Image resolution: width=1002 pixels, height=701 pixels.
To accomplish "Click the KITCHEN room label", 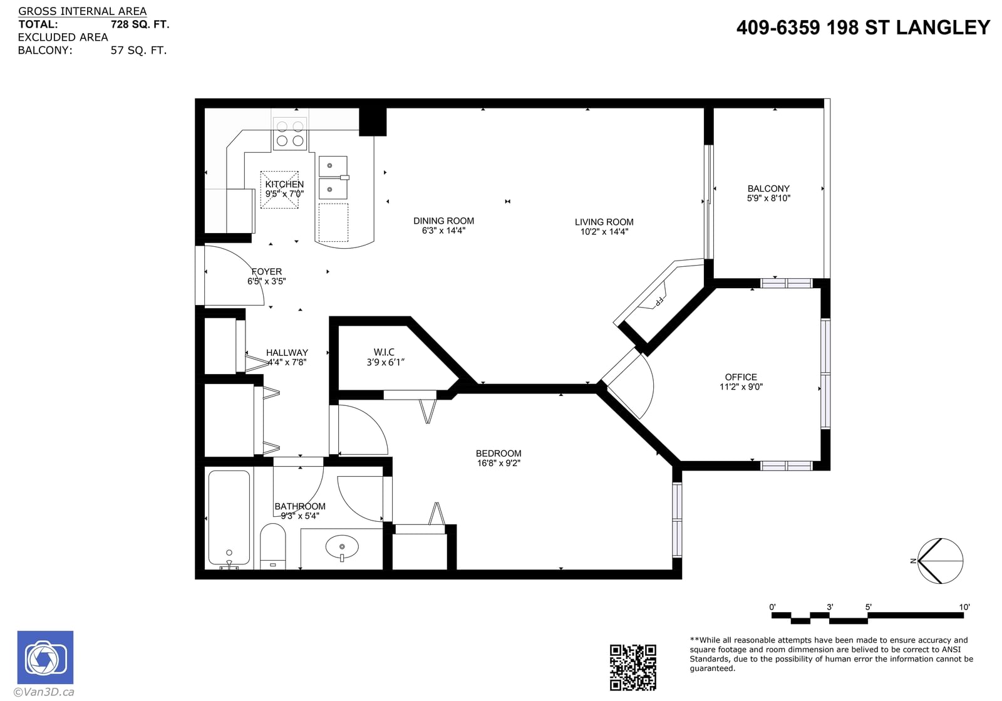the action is pos(284,184).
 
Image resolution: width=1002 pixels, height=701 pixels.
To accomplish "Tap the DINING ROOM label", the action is pos(443,221).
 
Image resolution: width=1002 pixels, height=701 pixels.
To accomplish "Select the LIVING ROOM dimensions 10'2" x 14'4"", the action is pos(604,232).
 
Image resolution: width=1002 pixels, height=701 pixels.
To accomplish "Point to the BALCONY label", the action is pos(768,189).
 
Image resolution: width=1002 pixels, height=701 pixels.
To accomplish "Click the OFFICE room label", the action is pos(741,377).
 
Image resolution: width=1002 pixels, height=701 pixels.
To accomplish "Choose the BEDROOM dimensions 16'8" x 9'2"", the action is pos(498,463).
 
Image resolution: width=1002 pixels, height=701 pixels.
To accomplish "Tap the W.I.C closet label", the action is pos(384,353).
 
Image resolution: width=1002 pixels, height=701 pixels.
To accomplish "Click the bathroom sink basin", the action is pos(342,547).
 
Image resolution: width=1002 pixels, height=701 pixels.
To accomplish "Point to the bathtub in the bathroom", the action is pos(229,518).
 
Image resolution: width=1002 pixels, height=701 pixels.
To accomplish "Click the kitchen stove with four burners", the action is pos(290,134).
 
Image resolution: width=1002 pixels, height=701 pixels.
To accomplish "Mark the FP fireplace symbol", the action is pos(658,302).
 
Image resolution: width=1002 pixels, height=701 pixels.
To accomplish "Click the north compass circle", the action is pos(940,561).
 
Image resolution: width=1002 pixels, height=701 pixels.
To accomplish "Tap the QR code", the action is pos(633,667).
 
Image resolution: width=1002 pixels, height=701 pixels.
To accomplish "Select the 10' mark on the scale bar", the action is pos(964,607).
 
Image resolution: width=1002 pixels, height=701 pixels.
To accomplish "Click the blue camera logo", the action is pos(45,658).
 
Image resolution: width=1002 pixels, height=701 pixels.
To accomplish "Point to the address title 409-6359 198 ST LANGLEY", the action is pos(863,28).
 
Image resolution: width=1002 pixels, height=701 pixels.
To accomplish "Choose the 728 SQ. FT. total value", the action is pos(140,24).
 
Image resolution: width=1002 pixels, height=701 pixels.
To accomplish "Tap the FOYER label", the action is pos(267,271).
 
